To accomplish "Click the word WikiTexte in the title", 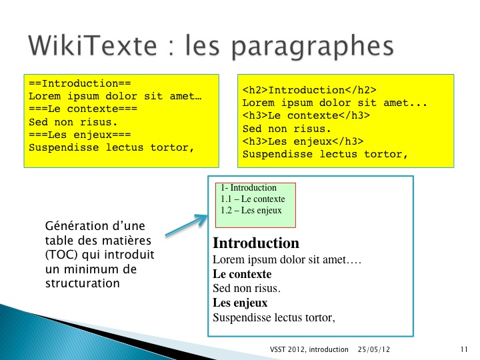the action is tap(93, 45).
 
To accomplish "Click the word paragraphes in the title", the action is tap(312, 47).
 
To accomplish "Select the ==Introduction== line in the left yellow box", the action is tap(80, 83).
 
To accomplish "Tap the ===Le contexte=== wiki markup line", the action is tap(83, 109).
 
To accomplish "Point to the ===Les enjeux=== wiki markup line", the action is tap(80, 135).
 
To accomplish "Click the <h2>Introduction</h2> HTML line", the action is tap(309, 90).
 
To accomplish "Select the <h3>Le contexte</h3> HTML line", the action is tap(306, 115).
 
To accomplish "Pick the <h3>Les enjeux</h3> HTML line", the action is tap(303, 141).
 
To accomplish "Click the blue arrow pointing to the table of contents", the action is tap(187, 225).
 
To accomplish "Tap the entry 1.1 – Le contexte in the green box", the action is tap(253, 199).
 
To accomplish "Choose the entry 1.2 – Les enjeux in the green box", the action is tap(251, 210).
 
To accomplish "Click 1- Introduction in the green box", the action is tap(249, 187).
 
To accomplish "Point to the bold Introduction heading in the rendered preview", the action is tap(256, 243).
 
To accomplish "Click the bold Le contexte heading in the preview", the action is tap(242, 274).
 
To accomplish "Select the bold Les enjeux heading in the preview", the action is tap(240, 303).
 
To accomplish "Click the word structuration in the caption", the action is tap(83, 283).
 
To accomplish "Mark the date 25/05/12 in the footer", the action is tap(374, 349).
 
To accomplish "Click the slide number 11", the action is tap(464, 349).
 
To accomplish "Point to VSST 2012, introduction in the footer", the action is tap(309, 349).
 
